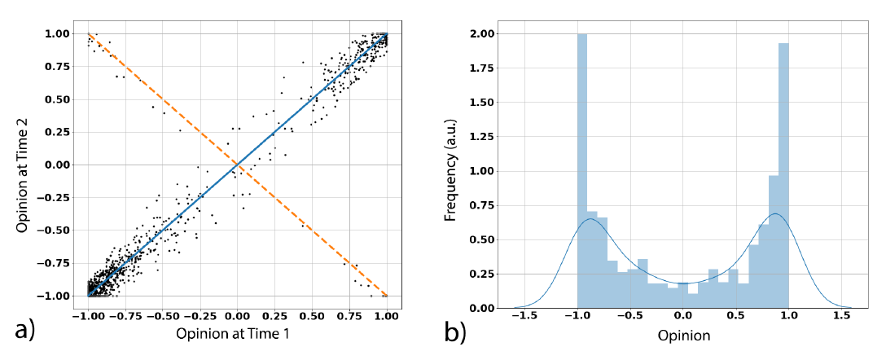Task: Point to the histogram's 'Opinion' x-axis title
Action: coord(684,335)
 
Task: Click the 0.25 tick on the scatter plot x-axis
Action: coord(274,315)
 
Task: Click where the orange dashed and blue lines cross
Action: coord(237,165)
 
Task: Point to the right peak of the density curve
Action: coord(774,214)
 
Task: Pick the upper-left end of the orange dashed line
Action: coord(89,34)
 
